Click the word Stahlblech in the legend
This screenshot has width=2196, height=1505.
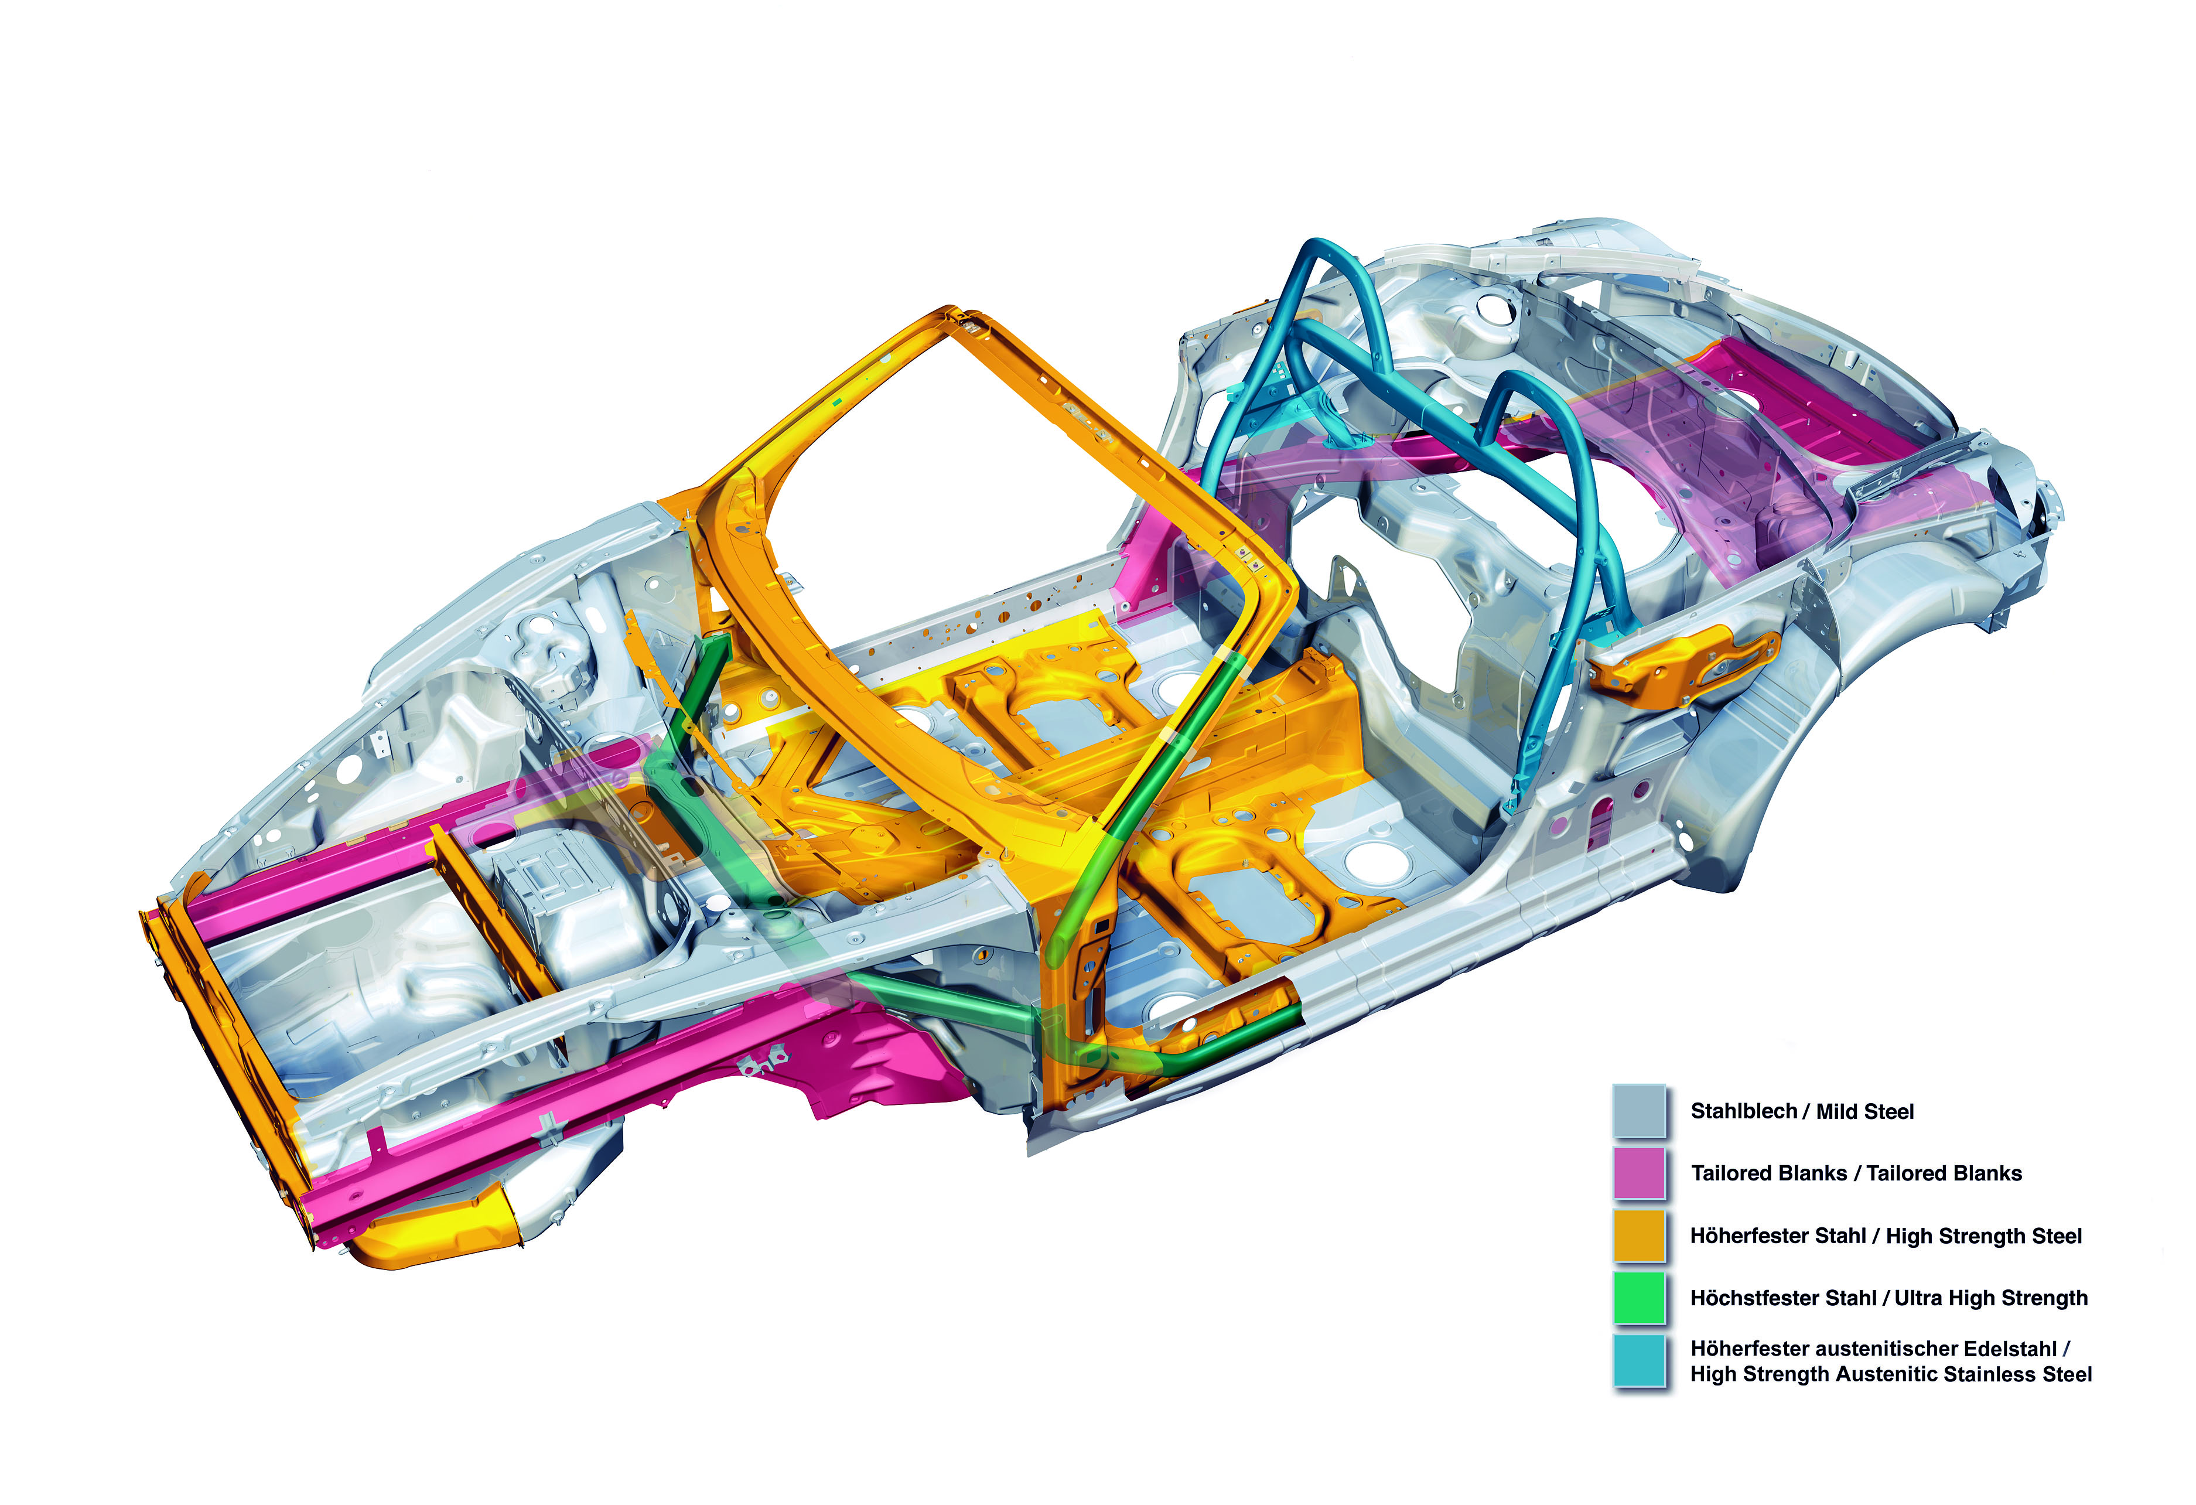tap(1743, 1111)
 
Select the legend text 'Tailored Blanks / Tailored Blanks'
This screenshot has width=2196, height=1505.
tap(1856, 1173)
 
